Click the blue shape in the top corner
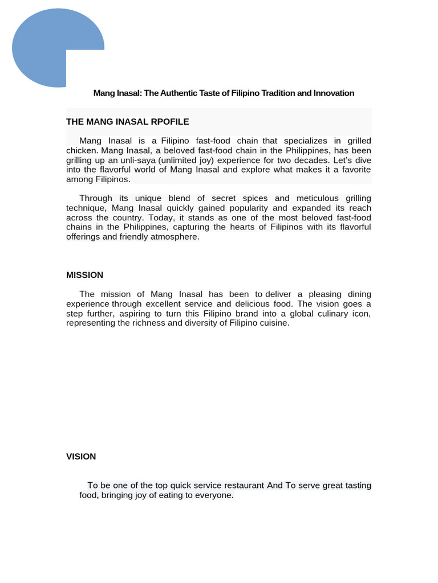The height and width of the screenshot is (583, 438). click(46, 48)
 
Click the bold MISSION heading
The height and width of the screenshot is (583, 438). click(84, 275)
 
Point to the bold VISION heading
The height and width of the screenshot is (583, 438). click(81, 457)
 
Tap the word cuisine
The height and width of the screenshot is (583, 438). click(272, 323)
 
